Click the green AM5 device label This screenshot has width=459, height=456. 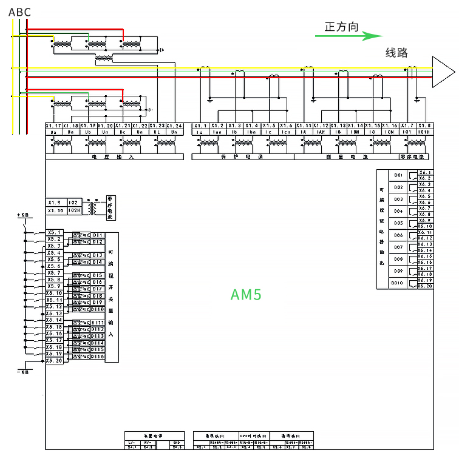pos(246,295)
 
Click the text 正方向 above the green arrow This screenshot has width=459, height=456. pos(341,27)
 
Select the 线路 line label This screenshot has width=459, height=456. pos(396,53)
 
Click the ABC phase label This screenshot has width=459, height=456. pos(19,12)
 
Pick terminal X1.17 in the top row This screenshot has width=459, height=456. pos(53,126)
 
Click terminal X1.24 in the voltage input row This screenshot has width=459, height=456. pos(174,126)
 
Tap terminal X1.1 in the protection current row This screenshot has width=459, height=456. pos(200,126)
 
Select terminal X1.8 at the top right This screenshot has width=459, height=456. pos(424,126)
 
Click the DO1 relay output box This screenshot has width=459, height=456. pos(399,175)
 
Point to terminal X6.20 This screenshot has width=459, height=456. pos(426,286)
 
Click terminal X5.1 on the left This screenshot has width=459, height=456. pos(55,232)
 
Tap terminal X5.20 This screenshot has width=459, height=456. pos(55,360)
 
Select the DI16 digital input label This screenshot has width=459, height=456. pos(98,357)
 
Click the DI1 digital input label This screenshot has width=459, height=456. pos(98,235)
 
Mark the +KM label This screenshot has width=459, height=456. pos(23,215)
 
